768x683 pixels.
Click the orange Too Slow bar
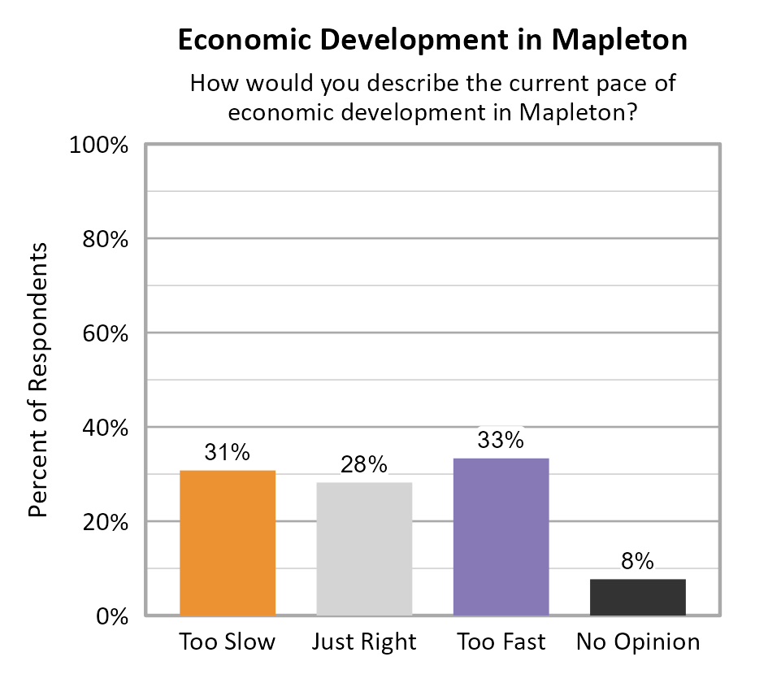click(x=228, y=542)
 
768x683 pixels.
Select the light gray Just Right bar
click(x=364, y=549)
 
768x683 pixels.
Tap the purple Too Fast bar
click(x=501, y=537)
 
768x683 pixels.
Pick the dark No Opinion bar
click(x=638, y=597)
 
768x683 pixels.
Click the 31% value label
click(x=228, y=453)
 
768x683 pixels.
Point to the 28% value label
click(x=364, y=465)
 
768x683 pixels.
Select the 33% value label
click(x=501, y=440)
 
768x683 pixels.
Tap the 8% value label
click(x=638, y=561)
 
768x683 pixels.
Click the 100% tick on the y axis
click(x=101, y=146)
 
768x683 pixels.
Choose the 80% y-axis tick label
click(x=106, y=240)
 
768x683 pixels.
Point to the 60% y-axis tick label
click(x=106, y=334)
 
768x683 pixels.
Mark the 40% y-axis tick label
click(x=106, y=429)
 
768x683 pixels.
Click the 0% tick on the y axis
click(x=114, y=616)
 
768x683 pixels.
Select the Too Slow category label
click(x=228, y=642)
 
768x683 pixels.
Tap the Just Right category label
click(x=364, y=642)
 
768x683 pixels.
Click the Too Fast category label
click(x=501, y=642)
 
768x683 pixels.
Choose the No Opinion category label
click(x=638, y=642)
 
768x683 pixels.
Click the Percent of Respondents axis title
click(x=38, y=380)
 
